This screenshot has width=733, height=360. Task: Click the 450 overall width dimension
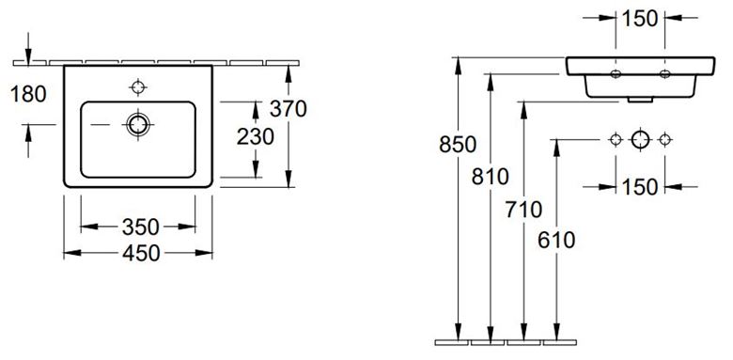(141, 254)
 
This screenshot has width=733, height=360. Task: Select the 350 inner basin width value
(141, 227)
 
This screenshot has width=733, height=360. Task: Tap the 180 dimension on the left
(28, 94)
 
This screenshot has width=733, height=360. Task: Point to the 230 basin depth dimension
(256, 137)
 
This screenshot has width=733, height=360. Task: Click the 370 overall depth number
(288, 109)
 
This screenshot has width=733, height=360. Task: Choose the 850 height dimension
(458, 145)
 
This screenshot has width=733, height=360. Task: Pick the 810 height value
(490, 177)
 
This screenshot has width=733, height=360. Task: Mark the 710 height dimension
(523, 209)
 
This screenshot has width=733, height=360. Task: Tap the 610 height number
(556, 241)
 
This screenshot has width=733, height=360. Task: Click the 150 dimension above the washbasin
(640, 19)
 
